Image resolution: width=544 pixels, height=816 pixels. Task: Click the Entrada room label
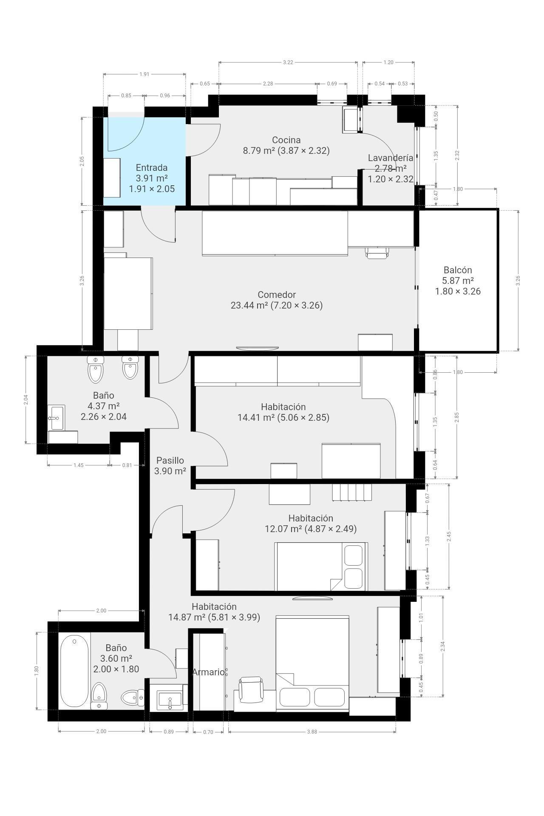point(152,167)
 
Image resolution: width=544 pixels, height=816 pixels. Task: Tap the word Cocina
point(286,140)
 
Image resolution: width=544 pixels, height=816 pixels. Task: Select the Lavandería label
point(391,158)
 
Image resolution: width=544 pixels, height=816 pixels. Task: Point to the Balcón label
point(458,270)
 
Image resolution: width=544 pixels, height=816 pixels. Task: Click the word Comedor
point(277,295)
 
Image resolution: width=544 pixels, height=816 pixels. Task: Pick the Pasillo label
point(170,460)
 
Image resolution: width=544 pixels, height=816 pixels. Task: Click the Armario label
point(208,672)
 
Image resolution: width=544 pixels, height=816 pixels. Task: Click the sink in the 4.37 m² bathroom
point(56,418)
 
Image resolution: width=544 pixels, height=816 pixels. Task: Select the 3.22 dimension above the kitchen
point(288,62)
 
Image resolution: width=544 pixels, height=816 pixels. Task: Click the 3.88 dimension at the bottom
point(312,732)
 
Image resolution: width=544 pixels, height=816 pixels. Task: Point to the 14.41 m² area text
point(256,417)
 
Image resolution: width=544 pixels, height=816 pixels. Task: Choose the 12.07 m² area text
point(283,529)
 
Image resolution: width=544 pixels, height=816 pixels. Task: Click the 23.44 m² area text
point(249,305)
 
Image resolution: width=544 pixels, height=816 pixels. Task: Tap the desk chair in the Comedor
point(377,253)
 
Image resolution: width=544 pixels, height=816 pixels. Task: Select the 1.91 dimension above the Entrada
point(144,74)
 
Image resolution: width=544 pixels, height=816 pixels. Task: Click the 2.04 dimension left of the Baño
point(26,399)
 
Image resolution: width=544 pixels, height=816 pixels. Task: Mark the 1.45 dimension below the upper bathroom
point(79,465)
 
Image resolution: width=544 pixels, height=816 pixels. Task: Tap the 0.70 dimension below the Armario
point(208,732)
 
